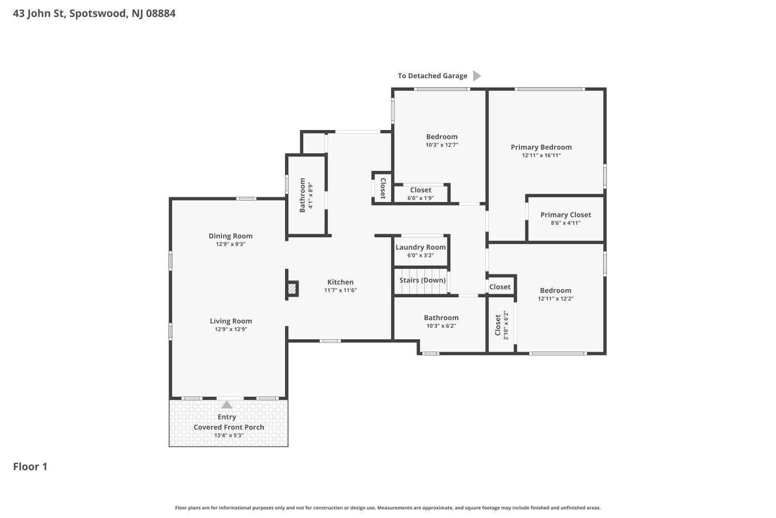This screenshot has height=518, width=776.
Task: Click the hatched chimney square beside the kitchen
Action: [292, 289]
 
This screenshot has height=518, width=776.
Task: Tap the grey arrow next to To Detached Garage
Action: [477, 76]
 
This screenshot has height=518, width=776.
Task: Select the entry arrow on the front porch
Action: [227, 405]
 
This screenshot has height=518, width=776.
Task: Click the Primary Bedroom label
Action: [541, 147]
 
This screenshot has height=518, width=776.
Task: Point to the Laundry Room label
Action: [421, 247]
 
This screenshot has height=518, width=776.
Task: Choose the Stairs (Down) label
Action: [422, 280]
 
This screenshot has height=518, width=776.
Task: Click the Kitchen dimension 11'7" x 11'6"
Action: [340, 290]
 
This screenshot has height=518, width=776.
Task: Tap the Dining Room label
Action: [230, 236]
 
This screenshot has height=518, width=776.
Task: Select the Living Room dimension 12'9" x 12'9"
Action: [231, 329]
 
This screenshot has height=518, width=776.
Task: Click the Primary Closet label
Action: [566, 215]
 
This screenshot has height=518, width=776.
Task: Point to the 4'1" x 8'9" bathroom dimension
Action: [310, 195]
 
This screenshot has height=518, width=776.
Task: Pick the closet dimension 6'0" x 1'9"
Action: [421, 198]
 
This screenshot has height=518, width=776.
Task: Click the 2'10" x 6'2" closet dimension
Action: [505, 325]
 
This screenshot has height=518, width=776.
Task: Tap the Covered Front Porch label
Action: [229, 427]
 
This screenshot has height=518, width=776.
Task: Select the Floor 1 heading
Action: [30, 467]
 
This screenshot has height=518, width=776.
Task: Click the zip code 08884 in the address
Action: [161, 13]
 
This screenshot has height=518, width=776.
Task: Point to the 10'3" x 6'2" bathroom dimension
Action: [441, 326]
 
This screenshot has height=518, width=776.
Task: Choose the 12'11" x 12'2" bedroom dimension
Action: [556, 298]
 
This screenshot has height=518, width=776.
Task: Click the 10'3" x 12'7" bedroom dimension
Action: [442, 145]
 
